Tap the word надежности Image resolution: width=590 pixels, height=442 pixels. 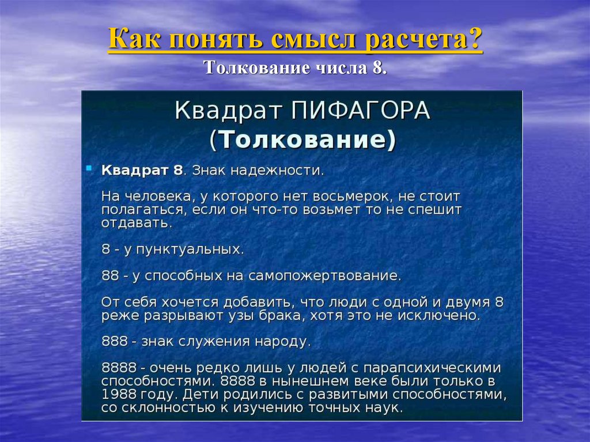[280, 171]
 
